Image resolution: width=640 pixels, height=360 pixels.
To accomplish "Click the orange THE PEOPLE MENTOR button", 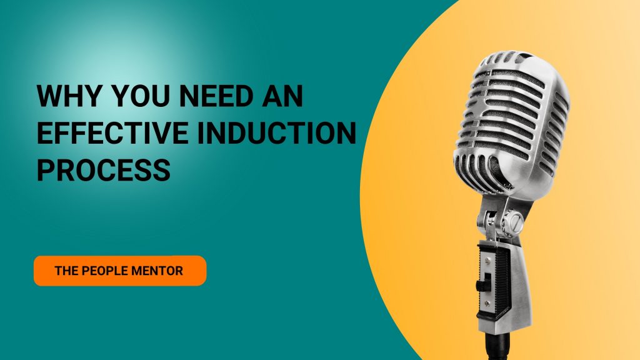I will click(x=120, y=271).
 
